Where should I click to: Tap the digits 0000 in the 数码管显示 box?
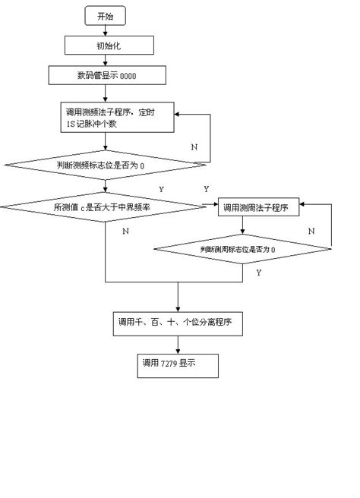click(x=129, y=75)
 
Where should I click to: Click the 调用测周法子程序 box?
click(x=258, y=206)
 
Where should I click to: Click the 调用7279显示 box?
click(x=178, y=365)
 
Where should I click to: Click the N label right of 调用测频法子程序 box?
click(x=194, y=145)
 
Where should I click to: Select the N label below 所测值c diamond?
click(x=125, y=229)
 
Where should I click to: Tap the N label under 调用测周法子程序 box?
click(x=311, y=229)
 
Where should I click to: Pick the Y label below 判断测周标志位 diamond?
click(x=259, y=271)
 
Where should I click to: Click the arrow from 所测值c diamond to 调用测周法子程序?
click(x=211, y=206)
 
